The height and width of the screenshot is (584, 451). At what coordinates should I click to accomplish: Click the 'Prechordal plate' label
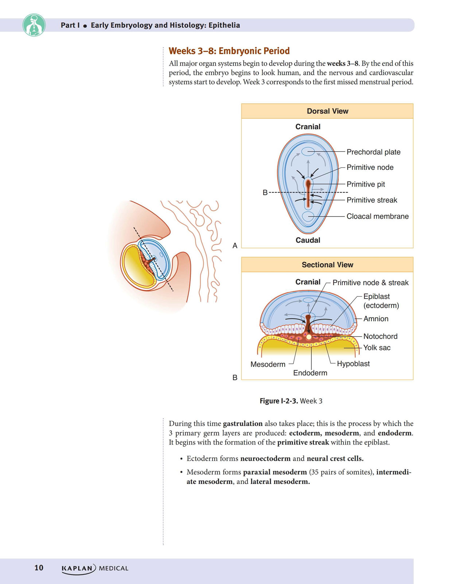(x=373, y=152)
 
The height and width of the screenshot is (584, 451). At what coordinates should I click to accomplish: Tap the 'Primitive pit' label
(x=366, y=184)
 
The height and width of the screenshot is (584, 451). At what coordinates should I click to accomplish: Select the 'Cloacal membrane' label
(x=377, y=216)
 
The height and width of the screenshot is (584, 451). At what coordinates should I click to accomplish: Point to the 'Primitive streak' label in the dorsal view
(x=372, y=200)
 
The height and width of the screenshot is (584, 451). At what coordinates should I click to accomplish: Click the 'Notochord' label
(x=380, y=336)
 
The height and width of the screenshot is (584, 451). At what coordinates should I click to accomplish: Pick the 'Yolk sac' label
(x=377, y=348)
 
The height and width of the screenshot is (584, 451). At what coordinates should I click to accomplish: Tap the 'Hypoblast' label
(x=353, y=364)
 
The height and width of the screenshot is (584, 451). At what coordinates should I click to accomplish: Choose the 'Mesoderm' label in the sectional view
(x=268, y=365)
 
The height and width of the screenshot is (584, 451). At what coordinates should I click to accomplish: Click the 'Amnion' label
(x=376, y=319)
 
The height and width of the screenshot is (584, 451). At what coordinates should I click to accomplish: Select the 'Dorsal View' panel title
(x=327, y=111)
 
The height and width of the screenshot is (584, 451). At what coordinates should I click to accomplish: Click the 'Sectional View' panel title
(x=327, y=265)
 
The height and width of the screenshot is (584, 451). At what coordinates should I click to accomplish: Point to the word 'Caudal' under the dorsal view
(x=308, y=240)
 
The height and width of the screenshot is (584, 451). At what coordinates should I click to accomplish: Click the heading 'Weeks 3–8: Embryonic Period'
(x=229, y=51)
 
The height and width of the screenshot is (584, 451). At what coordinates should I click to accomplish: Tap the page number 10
(x=39, y=568)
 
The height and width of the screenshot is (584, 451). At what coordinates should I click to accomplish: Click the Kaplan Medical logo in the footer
(x=95, y=568)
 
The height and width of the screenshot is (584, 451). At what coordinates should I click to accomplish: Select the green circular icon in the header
(x=34, y=25)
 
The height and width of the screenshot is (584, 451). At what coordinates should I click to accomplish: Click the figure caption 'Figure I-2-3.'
(x=279, y=401)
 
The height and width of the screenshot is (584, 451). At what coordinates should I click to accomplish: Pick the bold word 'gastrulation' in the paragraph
(x=243, y=424)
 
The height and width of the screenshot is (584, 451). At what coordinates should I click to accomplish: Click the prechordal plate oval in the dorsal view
(x=308, y=152)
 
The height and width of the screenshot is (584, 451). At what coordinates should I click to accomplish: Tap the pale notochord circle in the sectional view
(x=309, y=337)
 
